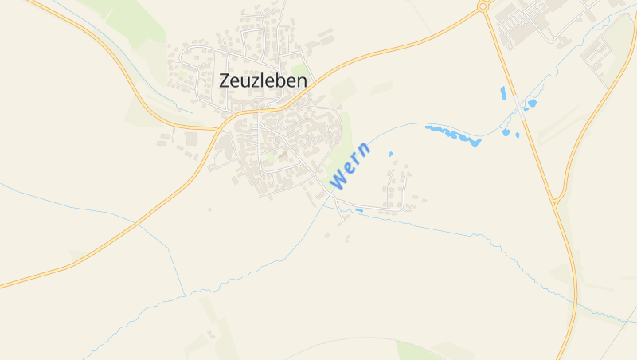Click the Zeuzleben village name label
pos(263,80)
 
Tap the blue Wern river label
pos(350,166)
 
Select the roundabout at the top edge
pos(483,6)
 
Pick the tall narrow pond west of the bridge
pos(503,93)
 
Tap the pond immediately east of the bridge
pos(531,104)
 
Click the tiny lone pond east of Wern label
pos(390,154)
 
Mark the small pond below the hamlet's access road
pos(359,210)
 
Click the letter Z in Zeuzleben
pos(225,80)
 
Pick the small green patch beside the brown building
pos(272,158)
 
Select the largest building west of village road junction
pos(191,139)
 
